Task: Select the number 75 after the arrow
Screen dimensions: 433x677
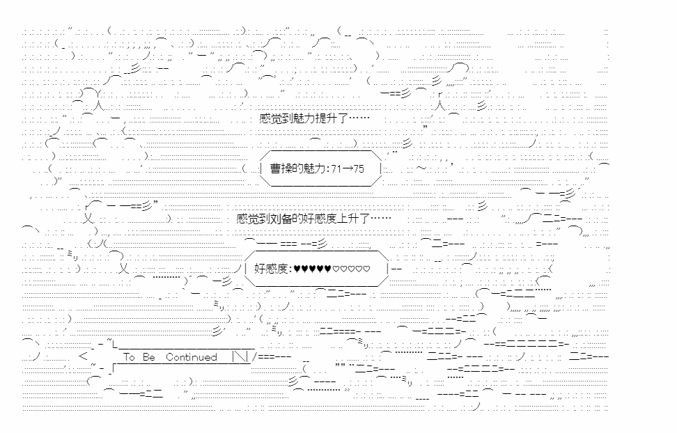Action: click(358, 170)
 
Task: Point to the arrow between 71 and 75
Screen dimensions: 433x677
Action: click(345, 170)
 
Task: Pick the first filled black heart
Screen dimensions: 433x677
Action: click(297, 268)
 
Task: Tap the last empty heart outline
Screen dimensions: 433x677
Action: click(367, 268)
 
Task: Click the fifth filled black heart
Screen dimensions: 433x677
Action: click(328, 268)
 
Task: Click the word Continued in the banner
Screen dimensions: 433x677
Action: click(192, 357)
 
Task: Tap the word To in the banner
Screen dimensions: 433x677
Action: click(129, 357)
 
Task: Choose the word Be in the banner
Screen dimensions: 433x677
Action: click(149, 357)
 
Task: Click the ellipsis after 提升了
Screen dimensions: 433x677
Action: click(359, 119)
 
